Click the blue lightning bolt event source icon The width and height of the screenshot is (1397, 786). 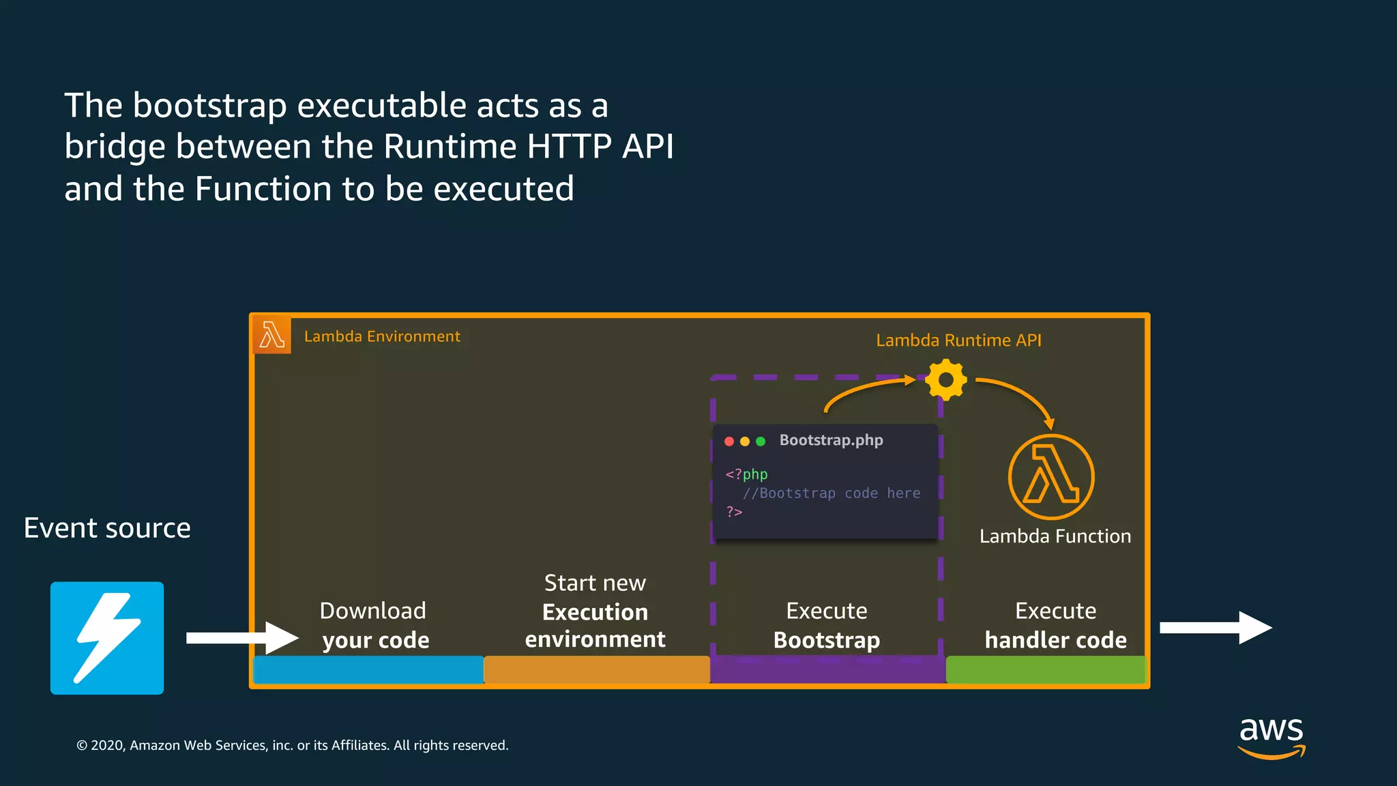tap(107, 638)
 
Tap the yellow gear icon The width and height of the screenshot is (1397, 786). tap(946, 380)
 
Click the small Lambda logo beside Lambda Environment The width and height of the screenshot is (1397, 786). tap(272, 336)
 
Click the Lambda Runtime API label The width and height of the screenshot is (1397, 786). tap(958, 340)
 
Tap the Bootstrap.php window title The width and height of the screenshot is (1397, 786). tap(831, 440)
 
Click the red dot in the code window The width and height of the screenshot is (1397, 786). tap(729, 441)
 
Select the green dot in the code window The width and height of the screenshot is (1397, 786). tap(761, 441)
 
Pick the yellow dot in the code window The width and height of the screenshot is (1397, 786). tap(745, 441)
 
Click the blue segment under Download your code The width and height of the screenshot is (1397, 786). tap(368, 670)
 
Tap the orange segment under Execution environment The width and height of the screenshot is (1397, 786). tap(597, 670)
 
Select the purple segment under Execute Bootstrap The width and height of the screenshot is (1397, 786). tap(827, 670)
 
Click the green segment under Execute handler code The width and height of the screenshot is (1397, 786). tap(1045, 670)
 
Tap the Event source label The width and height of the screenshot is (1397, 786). tap(107, 528)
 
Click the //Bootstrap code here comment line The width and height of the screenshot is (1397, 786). tap(831, 493)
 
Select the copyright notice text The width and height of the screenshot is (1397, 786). tap(293, 746)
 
